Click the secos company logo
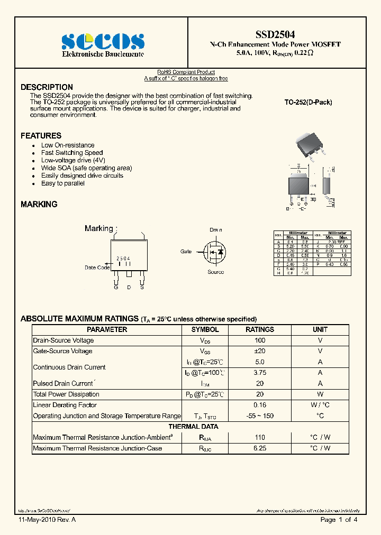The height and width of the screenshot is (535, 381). click(x=103, y=41)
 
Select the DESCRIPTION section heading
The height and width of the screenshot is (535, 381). click(x=47, y=87)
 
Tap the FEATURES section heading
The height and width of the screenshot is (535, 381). click(x=41, y=136)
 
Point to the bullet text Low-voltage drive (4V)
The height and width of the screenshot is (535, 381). click(x=73, y=160)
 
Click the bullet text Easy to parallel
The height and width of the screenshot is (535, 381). click(x=62, y=183)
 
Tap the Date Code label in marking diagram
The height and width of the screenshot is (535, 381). click(x=97, y=267)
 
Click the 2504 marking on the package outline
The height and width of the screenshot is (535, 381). click(x=123, y=259)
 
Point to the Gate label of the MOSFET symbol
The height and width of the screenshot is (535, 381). click(x=186, y=252)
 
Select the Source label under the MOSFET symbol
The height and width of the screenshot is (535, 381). click(x=215, y=272)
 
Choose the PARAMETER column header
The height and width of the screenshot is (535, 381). click(x=107, y=329)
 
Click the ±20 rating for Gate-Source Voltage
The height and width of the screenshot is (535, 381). click(x=259, y=351)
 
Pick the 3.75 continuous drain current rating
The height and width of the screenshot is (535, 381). click(x=259, y=373)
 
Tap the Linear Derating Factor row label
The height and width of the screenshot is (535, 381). click(x=65, y=405)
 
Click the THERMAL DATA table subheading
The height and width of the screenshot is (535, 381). click(x=193, y=427)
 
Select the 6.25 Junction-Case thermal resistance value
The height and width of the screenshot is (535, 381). click(x=259, y=448)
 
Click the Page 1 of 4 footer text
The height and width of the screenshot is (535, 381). click(x=339, y=520)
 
